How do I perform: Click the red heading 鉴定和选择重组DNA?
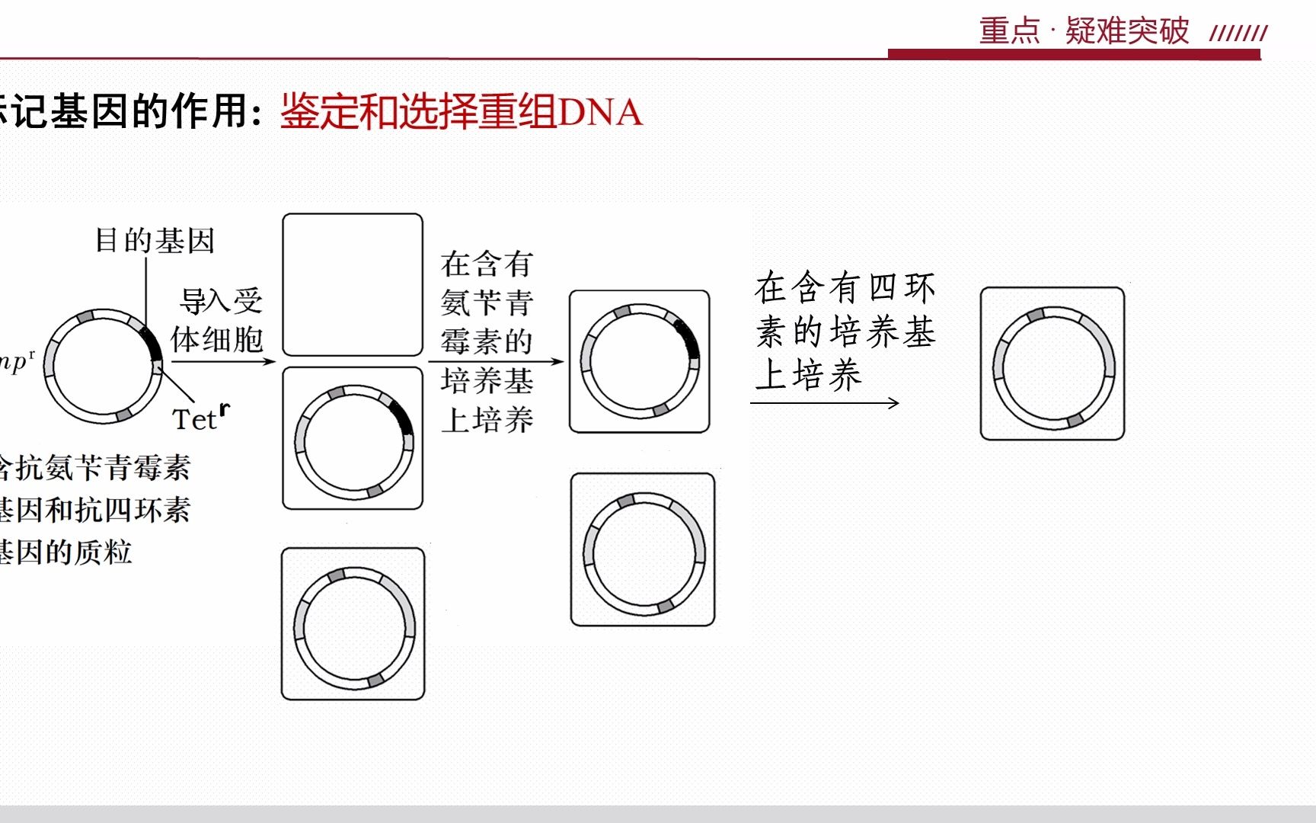(x=462, y=112)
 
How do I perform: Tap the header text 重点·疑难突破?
(x=1083, y=30)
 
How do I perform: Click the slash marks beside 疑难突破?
(x=1238, y=33)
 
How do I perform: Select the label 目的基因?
(x=155, y=241)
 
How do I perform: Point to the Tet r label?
(x=200, y=418)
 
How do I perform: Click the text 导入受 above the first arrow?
(x=221, y=301)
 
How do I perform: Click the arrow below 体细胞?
(x=222, y=360)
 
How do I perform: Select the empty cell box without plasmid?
(x=353, y=284)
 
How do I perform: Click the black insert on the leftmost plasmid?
(x=152, y=343)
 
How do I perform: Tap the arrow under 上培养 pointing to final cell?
(x=824, y=403)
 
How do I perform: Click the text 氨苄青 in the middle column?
(x=487, y=303)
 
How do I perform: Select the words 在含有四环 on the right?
(x=845, y=288)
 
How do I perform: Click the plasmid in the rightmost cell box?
(x=1053, y=367)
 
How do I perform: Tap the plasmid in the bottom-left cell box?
(x=354, y=628)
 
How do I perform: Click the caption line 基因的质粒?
(x=66, y=552)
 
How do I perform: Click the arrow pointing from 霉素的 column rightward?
(x=495, y=361)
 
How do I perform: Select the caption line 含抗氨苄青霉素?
(x=95, y=467)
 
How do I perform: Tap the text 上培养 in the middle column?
(x=487, y=420)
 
